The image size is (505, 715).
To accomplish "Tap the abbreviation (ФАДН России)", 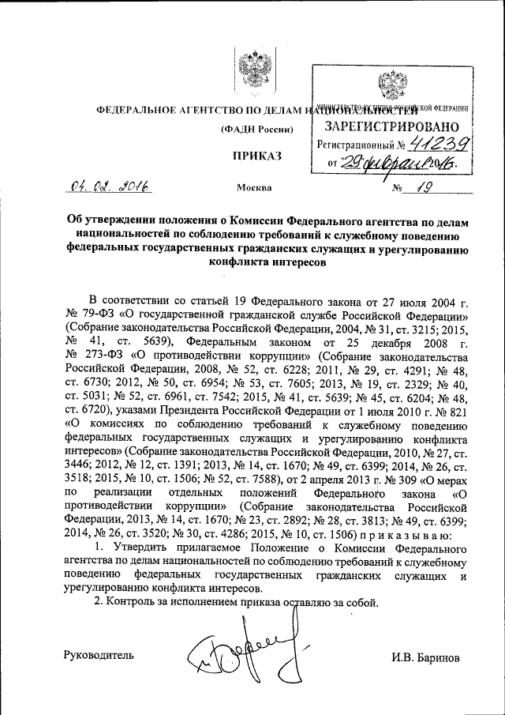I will [257, 128].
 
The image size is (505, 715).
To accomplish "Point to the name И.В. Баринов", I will [425, 657].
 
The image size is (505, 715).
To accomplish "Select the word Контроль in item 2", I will [131, 603].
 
